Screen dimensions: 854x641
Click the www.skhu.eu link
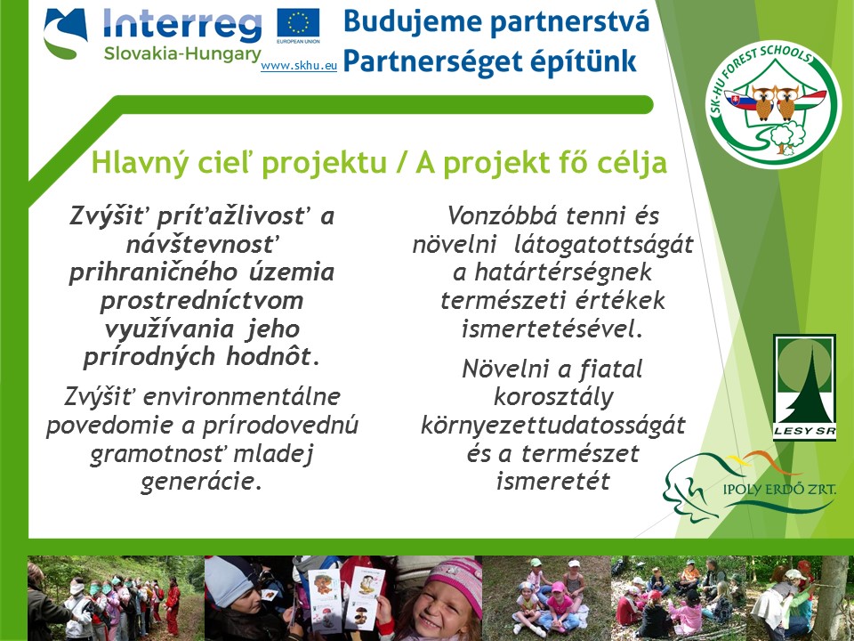pos(299,66)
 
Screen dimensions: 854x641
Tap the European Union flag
pos(299,23)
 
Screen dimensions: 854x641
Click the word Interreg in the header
pos(182,25)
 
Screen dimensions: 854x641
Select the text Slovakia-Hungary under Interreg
pos(182,54)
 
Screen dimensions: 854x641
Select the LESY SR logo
pos(804,387)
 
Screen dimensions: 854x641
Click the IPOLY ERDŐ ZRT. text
pos(779,489)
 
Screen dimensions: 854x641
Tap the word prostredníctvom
pos(202,300)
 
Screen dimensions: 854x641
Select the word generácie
pos(201,482)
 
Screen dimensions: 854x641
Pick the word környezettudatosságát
pos(552,426)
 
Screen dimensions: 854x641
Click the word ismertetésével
pos(552,329)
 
